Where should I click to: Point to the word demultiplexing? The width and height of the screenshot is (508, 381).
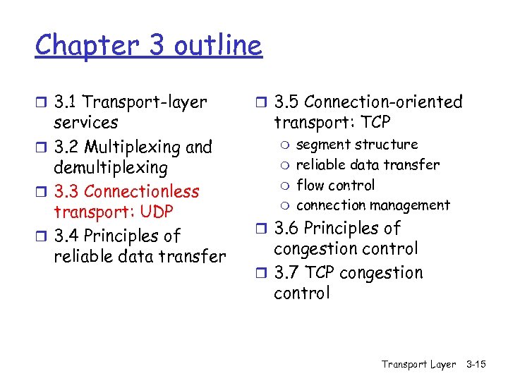click(111, 168)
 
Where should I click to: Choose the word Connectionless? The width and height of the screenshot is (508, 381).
click(142, 192)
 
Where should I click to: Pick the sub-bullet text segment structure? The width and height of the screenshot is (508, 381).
click(357, 145)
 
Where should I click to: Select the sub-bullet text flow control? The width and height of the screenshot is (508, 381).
click(335, 186)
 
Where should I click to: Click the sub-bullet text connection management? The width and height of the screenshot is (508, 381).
click(373, 205)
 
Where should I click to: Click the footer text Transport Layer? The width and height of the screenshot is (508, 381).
click(418, 364)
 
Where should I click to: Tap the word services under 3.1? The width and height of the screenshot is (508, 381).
click(86, 123)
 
